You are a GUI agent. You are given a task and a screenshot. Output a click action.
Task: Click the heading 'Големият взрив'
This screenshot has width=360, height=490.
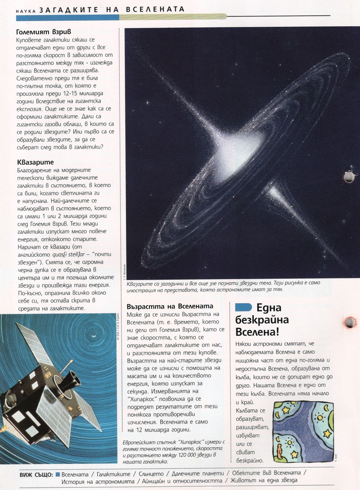(x=44, y=32)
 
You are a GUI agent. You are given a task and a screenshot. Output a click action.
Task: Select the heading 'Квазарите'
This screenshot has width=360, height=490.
(x=35, y=162)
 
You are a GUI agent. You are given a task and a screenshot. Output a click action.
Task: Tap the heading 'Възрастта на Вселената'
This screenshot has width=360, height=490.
(x=170, y=306)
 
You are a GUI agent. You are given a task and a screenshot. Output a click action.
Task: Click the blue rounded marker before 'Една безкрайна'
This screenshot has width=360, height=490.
(x=243, y=307)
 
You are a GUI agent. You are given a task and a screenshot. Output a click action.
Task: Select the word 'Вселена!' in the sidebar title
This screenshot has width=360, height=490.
(x=257, y=332)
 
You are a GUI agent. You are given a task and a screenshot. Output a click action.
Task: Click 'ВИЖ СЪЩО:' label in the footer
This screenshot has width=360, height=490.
(x=36, y=475)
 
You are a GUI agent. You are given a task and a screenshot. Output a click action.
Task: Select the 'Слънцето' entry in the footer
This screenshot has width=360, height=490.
(x=151, y=474)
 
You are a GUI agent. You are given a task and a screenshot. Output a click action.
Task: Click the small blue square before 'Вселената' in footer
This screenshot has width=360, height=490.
(x=58, y=474)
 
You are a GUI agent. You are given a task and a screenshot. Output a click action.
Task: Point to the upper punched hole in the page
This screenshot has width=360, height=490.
(x=349, y=177)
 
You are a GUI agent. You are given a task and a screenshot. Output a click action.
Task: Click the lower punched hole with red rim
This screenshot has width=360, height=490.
(x=350, y=323)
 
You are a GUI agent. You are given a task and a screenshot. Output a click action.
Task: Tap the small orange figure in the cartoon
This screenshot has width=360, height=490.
(x=279, y=452)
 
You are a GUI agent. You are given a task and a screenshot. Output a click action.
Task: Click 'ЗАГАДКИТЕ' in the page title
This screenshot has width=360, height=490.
(x=69, y=10)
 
